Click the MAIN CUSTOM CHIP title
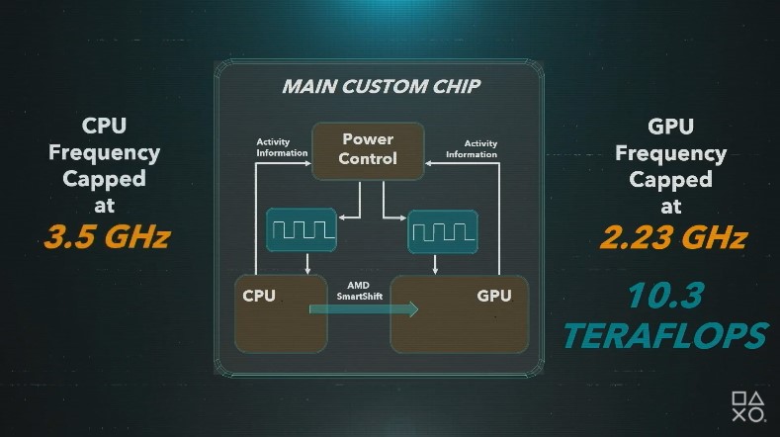(x=381, y=86)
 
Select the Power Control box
(x=368, y=150)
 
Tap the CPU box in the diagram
(x=280, y=313)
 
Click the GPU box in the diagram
(x=459, y=313)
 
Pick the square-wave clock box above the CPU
(x=301, y=231)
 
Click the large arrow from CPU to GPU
(x=363, y=309)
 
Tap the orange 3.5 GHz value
(x=106, y=238)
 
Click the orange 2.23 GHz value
(x=671, y=238)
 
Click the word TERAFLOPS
(x=664, y=334)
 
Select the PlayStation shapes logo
(x=749, y=406)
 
